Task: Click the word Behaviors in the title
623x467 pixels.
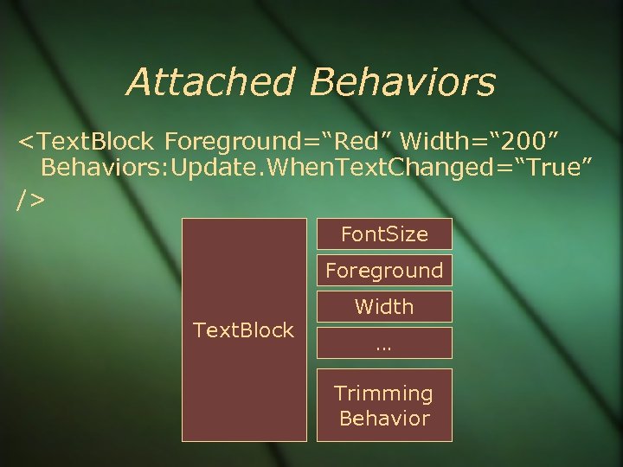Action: [403, 82]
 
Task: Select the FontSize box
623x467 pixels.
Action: [383, 234]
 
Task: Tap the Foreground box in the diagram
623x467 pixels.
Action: [383, 271]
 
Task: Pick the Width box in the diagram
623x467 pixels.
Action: [383, 307]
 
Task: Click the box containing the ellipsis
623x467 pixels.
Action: [383, 342]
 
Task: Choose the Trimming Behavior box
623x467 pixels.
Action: [383, 406]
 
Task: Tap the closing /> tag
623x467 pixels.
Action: [30, 200]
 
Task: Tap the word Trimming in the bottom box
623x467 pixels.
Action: [383, 393]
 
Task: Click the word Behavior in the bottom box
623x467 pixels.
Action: [384, 419]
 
